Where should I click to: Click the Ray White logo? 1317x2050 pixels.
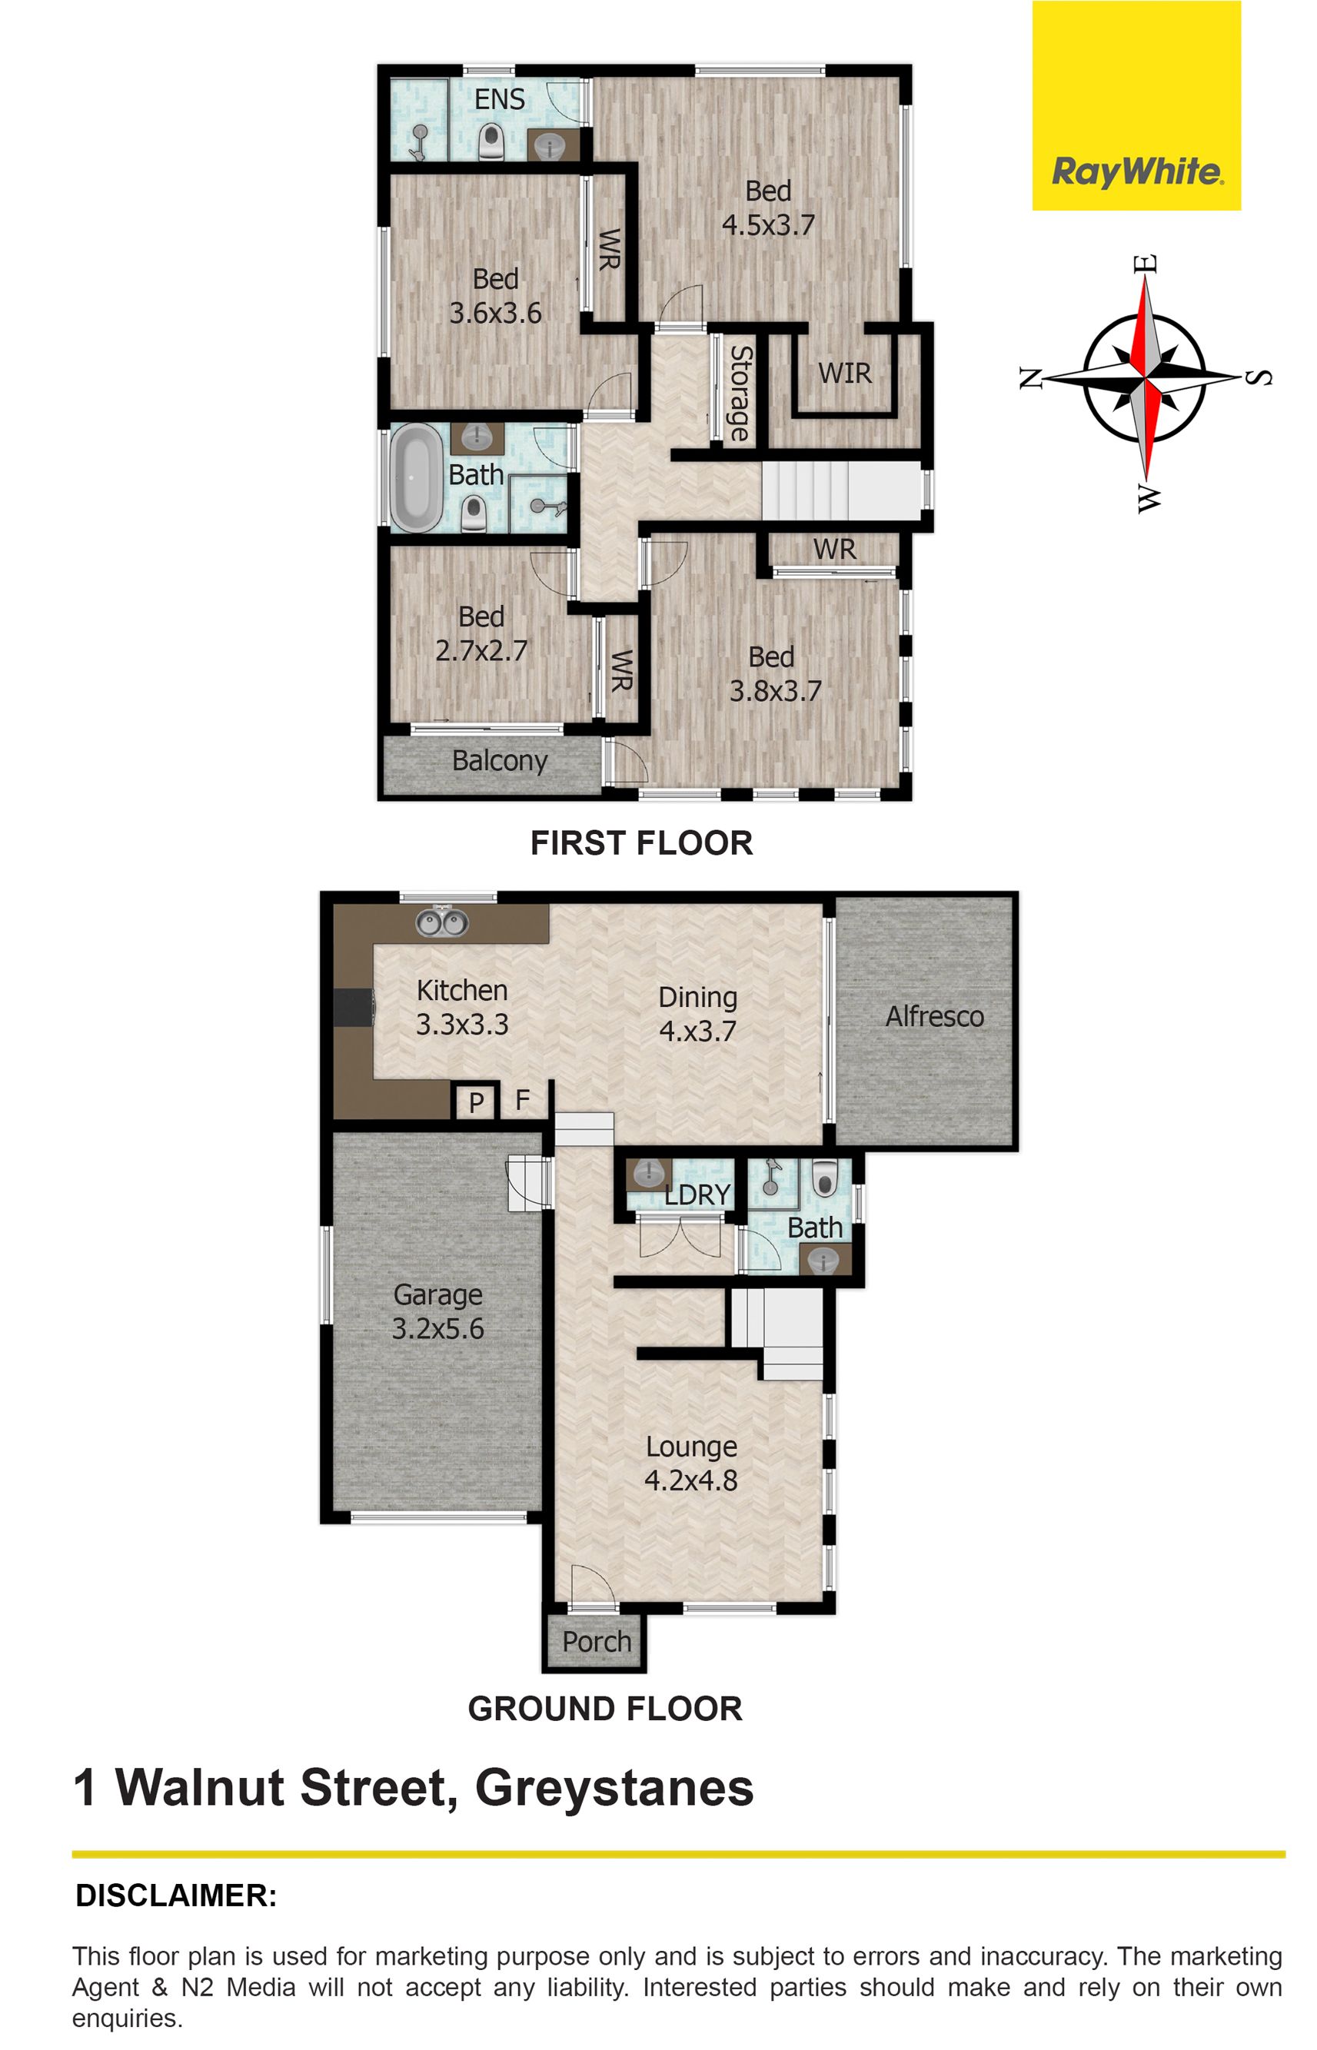1136,105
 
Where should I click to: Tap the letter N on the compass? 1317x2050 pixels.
1029,377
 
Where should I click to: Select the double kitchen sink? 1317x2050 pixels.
442,922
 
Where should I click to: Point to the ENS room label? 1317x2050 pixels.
500,99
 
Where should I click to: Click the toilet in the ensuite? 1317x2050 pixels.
491,142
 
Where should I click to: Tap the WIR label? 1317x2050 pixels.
845,374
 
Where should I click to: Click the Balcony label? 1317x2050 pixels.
500,761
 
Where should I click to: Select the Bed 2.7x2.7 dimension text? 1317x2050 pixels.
481,650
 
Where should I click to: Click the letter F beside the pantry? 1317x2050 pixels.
523,1099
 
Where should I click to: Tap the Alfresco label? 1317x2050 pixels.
935,1016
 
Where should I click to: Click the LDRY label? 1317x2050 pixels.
698,1194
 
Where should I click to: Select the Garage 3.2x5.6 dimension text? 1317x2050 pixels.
438,1328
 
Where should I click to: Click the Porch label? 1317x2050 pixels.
597,1641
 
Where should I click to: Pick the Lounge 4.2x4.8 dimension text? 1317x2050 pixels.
691,1480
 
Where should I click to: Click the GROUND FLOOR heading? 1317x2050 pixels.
606,1709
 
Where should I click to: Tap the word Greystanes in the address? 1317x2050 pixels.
614,1789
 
